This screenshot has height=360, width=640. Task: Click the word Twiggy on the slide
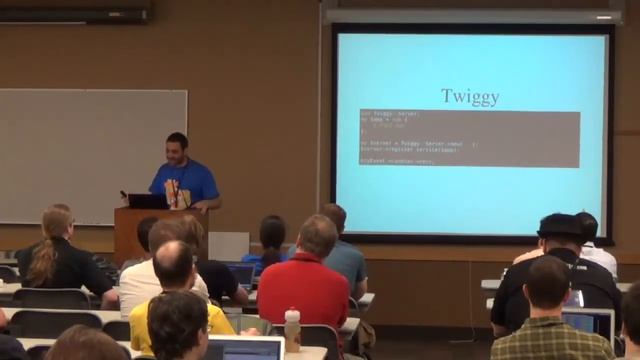point(469,97)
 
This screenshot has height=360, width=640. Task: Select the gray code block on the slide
point(469,138)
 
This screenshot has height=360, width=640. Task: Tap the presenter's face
point(178,149)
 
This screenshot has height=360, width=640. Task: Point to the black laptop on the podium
point(147,201)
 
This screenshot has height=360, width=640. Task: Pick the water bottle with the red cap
point(292,329)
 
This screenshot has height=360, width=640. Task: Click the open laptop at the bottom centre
point(245,349)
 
